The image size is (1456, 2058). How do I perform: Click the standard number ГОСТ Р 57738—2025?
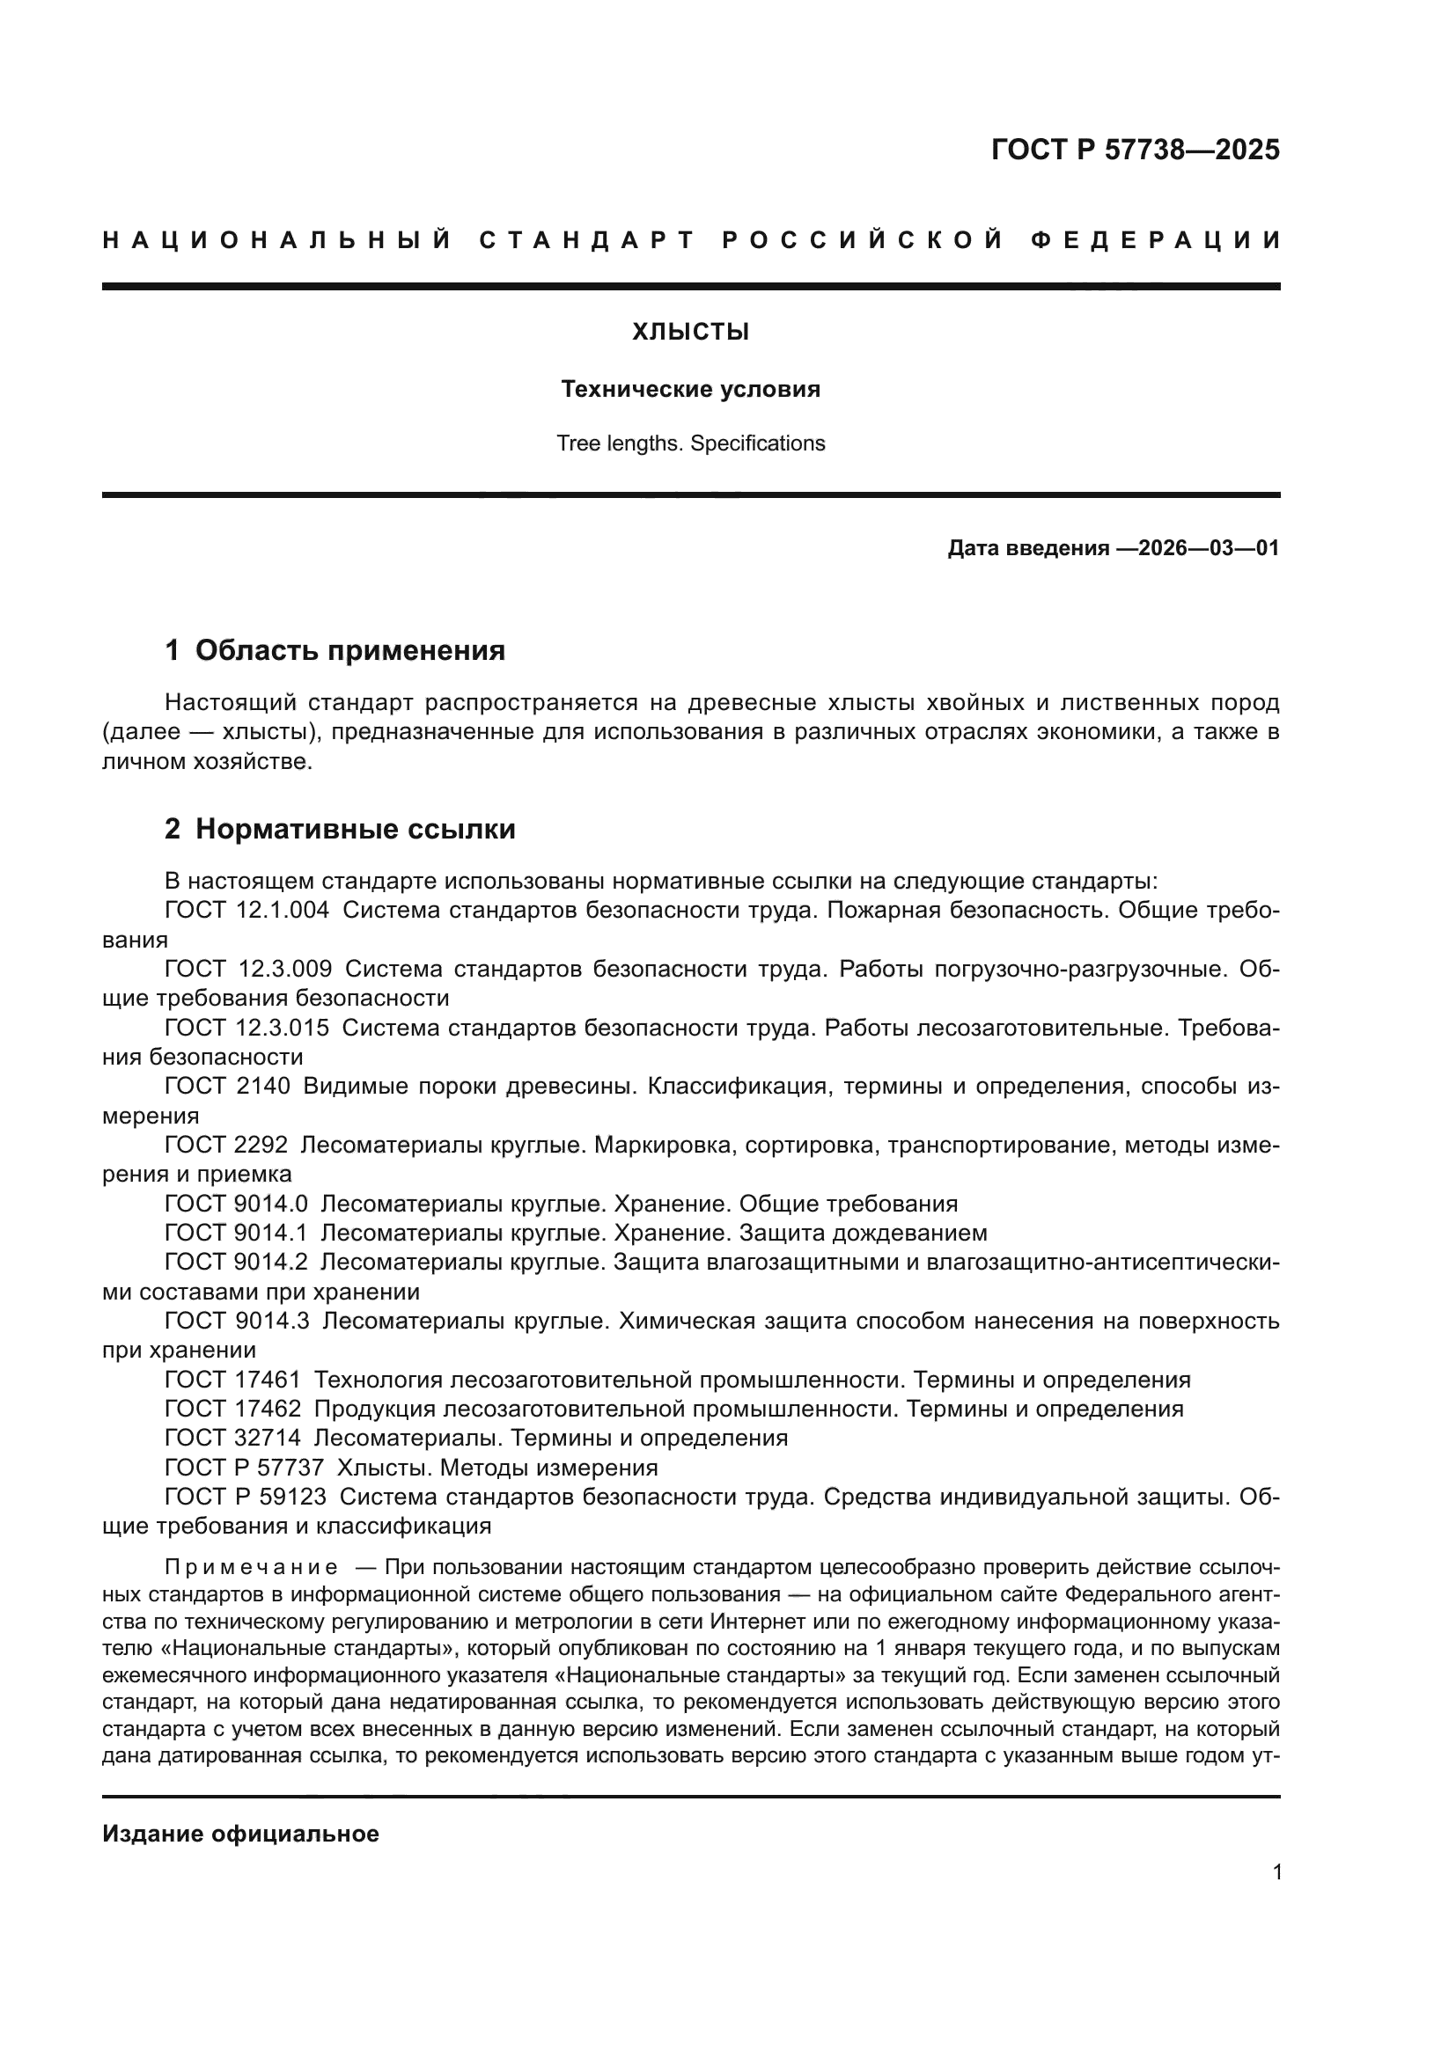coord(1135,150)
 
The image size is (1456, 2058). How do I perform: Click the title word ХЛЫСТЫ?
coord(690,333)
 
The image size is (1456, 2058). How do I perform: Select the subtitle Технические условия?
coord(690,389)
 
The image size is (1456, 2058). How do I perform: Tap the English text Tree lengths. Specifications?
coord(690,443)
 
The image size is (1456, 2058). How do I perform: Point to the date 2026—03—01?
coord(1208,548)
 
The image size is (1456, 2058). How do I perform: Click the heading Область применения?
coord(349,651)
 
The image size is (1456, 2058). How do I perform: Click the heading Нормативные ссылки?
coord(355,829)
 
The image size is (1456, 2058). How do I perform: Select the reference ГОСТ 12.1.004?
coord(246,911)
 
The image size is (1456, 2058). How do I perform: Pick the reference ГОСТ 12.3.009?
coord(248,969)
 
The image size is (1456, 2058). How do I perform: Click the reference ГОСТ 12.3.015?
coord(246,1028)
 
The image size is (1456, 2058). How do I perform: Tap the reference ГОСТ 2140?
coord(228,1087)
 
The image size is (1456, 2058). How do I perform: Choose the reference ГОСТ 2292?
coord(226,1146)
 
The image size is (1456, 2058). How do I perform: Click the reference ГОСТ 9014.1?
coord(236,1234)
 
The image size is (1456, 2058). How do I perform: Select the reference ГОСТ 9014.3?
coord(237,1322)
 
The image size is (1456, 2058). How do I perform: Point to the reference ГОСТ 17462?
coord(233,1409)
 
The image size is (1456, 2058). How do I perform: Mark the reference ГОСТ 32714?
coord(233,1439)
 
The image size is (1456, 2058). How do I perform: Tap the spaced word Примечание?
coord(252,1568)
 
